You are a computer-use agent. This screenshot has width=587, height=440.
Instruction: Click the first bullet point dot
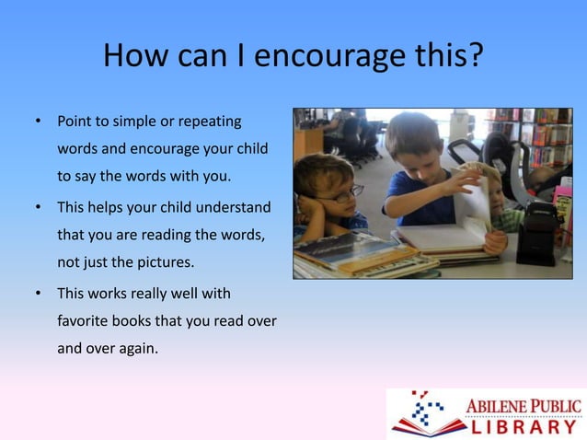click(38, 122)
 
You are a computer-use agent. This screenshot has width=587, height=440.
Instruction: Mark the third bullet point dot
click(38, 295)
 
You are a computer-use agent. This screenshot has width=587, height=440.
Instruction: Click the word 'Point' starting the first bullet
click(75, 122)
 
